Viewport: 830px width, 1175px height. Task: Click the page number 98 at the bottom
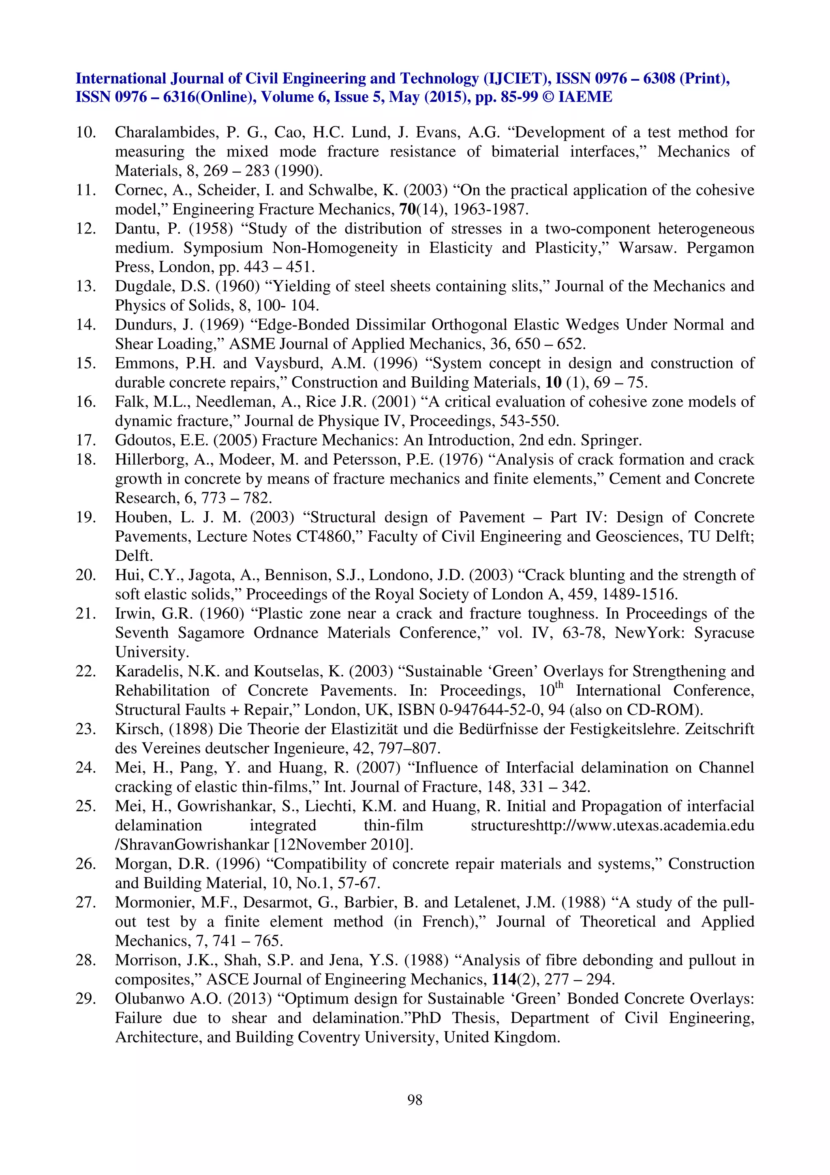click(415, 1099)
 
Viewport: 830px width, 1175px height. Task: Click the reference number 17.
click(86, 440)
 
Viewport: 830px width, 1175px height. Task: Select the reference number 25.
click(86, 806)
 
